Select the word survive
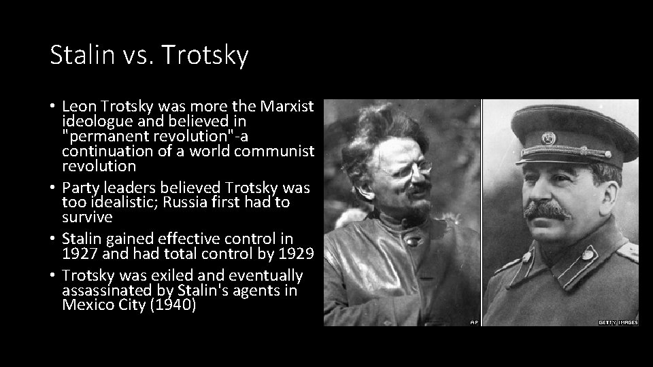point(86,217)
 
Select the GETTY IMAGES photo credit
point(618,322)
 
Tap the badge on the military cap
point(548,138)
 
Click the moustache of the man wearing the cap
point(547,211)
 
